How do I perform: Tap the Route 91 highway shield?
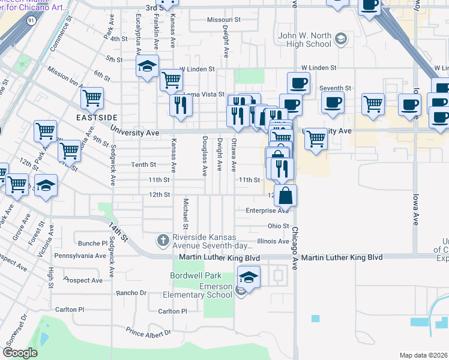[31, 20]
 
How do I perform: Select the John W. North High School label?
[304, 40]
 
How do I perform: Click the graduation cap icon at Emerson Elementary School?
[248, 278]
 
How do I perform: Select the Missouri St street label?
[223, 20]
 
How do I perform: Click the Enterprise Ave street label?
[267, 211]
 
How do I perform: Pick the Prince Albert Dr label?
[148, 331]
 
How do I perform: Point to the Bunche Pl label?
[92, 244]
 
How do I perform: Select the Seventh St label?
[334, 88]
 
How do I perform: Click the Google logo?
[20, 353]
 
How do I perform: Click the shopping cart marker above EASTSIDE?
[92, 97]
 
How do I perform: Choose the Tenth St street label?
[144, 164]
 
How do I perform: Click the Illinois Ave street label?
[273, 241]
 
